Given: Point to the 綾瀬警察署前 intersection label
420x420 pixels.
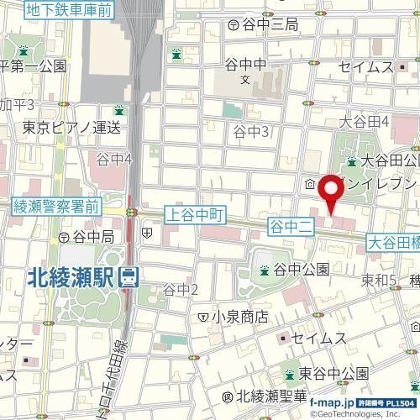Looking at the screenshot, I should click(x=57, y=206).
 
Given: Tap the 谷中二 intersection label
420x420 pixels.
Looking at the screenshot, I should click(x=291, y=224).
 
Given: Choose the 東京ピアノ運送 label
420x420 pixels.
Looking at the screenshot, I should click(x=71, y=128).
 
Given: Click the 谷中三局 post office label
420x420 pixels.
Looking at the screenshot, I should click(x=269, y=26).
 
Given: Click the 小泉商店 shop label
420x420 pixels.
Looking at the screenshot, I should click(x=239, y=317).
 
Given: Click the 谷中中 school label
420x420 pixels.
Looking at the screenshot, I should click(x=245, y=63).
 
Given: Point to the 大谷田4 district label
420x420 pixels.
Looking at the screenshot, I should click(x=364, y=123).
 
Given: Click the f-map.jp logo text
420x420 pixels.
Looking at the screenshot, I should click(x=332, y=404).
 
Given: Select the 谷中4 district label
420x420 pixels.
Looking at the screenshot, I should click(x=115, y=159).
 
